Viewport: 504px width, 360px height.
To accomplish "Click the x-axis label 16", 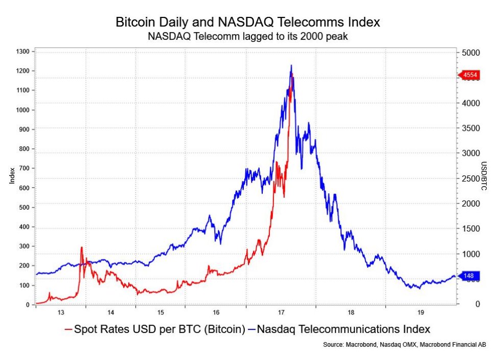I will point(216,312).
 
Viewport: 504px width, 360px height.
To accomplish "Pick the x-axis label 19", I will point(421,312).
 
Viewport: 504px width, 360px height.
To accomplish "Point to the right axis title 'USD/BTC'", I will point(484,176).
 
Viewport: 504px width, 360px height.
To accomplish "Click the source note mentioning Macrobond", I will point(404,345).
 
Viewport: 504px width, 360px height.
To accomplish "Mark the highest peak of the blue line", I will point(291,65).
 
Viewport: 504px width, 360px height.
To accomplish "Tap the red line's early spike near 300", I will point(81,247).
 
